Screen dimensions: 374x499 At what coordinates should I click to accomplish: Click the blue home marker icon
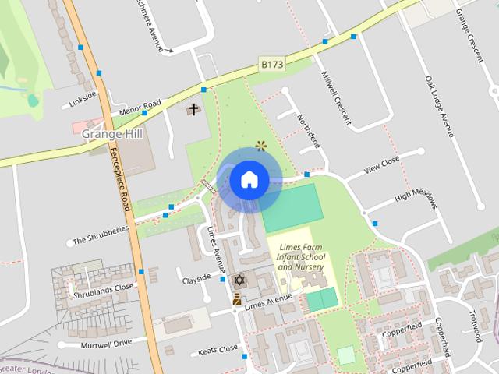coord(249,180)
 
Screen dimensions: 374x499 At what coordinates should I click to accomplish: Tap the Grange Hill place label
coord(113,133)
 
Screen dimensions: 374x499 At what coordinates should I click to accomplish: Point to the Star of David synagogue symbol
coord(239,280)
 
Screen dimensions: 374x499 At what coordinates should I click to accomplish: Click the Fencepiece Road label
coord(119,178)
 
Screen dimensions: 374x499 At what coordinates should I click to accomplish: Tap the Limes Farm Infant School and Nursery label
coord(296,256)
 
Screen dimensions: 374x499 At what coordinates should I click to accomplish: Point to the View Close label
coord(382,164)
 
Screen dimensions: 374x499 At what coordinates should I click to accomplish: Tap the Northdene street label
coord(309,130)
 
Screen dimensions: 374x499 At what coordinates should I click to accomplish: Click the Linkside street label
coord(82,99)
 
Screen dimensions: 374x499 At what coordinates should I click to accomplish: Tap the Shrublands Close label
coord(103,291)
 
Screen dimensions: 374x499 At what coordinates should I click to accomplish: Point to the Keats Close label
coord(218,350)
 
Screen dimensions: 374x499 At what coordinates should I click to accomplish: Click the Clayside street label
coord(196,278)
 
